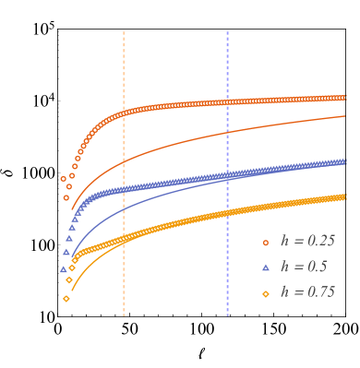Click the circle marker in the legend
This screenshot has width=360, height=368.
coord(266,242)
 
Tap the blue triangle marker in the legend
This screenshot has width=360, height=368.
coord(266,267)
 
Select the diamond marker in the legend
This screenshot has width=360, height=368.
coord(266,293)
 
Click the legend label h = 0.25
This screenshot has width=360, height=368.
coord(307,241)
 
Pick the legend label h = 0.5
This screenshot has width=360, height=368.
coord(304,267)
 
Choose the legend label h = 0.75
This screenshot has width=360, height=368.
coord(307,292)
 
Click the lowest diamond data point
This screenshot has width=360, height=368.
coord(66,298)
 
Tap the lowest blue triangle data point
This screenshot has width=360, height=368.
coord(63,269)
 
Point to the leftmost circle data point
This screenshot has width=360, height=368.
coord(63,179)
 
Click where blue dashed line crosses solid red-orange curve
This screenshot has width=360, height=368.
coord(227,130)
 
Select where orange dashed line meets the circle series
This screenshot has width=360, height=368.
coord(124,113)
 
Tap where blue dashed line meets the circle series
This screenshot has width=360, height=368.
coord(227,101)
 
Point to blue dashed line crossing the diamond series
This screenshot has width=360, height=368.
coord(227,215)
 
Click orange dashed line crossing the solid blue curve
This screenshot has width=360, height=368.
coord(124,208)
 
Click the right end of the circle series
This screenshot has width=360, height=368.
coord(344,97)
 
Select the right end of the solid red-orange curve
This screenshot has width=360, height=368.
coord(345,116)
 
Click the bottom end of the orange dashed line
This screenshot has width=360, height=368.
coord(124,315)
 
